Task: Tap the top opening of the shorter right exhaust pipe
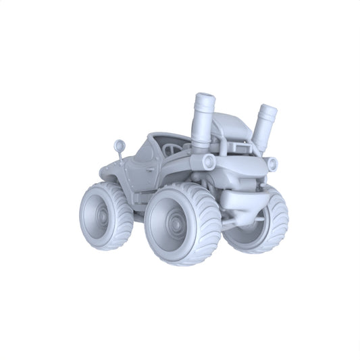point(269,111)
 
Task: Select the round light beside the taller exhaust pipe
point(209,162)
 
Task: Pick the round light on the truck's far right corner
point(272,163)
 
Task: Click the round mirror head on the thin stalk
point(120,145)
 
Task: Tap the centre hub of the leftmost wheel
point(101,217)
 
